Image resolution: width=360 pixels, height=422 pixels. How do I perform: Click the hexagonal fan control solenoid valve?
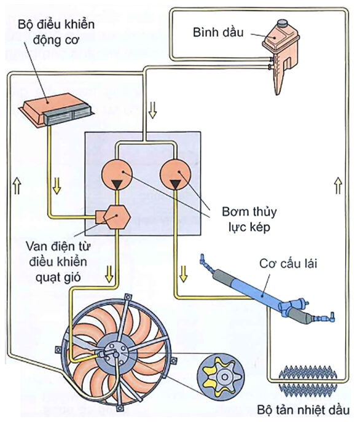click(x=113, y=216)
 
